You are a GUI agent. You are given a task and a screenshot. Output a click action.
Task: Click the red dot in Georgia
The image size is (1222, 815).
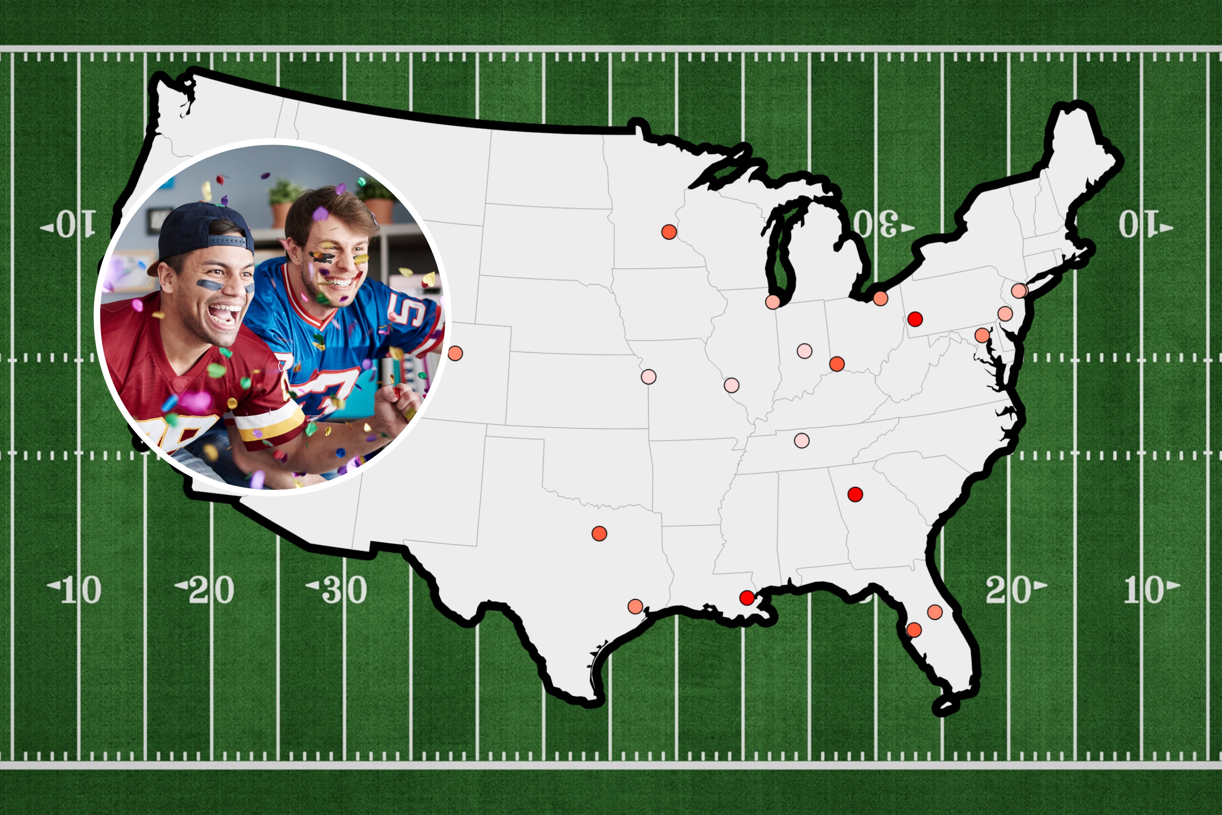coord(855,494)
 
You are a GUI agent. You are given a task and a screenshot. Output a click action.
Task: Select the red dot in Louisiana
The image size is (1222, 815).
coord(747,598)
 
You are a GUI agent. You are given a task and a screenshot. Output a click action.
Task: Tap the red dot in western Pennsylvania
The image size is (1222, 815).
coord(914,319)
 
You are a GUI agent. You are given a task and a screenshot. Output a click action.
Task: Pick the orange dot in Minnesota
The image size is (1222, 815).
coord(669,232)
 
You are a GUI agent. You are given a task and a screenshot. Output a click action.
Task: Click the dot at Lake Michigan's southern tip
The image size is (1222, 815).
coord(773,302)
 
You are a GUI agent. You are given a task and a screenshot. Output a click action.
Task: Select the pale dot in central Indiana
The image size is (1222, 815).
coord(804,351)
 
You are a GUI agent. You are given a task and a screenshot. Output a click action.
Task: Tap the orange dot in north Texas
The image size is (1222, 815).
coord(599,533)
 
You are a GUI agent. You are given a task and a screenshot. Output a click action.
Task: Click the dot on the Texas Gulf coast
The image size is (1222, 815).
coord(635,606)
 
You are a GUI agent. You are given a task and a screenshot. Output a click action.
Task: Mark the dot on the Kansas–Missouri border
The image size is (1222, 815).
coord(648,376)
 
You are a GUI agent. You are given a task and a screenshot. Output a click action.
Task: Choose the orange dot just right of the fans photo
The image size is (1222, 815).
coord(455,353)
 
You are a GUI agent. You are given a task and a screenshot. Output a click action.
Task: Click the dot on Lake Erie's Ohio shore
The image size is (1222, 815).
coord(880,298)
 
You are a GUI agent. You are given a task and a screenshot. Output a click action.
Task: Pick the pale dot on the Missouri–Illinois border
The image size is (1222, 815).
coord(731,385)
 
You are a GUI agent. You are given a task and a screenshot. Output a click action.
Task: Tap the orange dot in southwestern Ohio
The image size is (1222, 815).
coord(837,363)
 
